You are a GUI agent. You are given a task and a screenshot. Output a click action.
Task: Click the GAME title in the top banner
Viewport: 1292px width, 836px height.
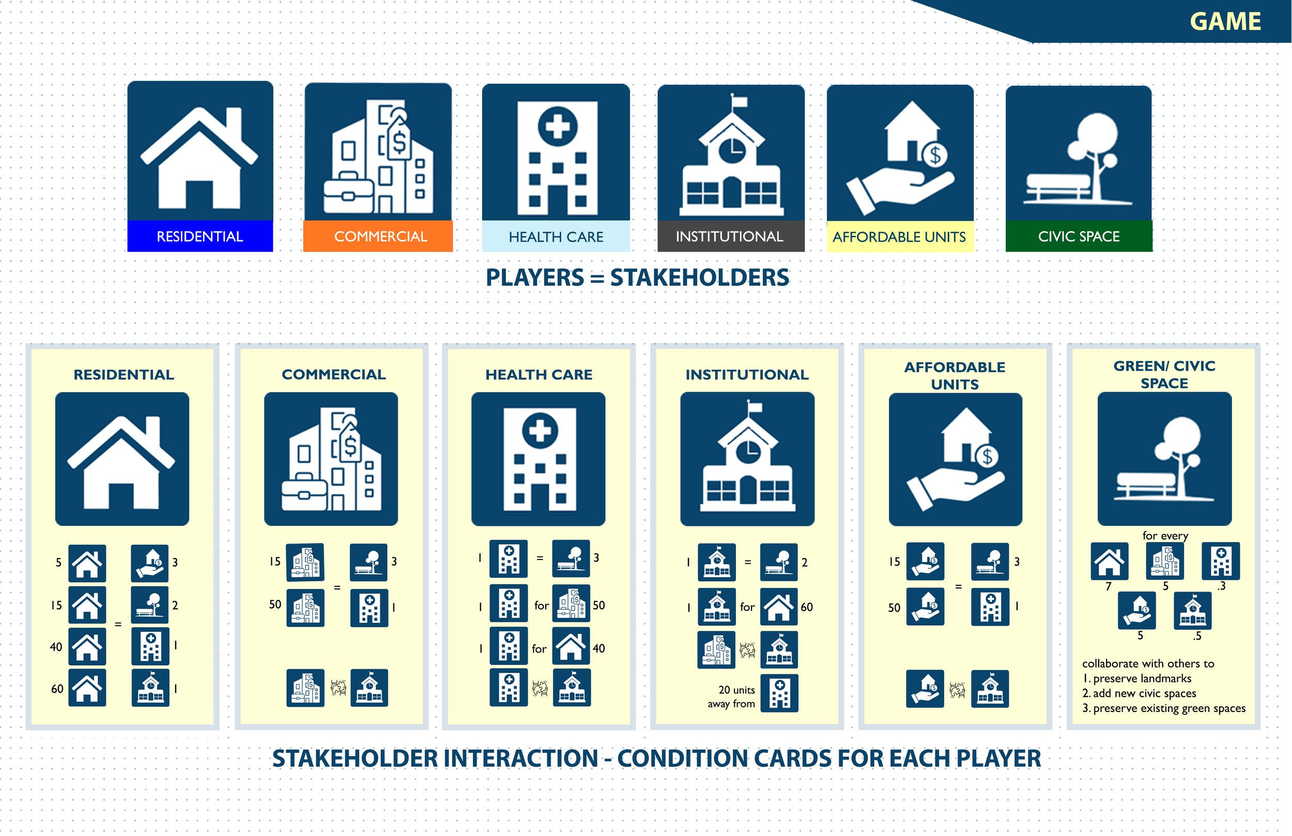tap(1225, 22)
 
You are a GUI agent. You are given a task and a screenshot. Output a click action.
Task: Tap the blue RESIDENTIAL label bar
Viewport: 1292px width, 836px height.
tap(200, 236)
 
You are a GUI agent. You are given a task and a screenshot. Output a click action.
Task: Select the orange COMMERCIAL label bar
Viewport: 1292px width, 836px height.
tap(380, 236)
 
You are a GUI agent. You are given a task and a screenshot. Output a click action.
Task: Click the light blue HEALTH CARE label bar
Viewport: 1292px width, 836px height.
tap(556, 237)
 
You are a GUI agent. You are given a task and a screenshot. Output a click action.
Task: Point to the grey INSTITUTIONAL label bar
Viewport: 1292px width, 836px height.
tap(730, 236)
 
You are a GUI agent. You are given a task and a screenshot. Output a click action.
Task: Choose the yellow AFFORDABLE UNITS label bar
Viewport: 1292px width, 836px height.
tap(900, 237)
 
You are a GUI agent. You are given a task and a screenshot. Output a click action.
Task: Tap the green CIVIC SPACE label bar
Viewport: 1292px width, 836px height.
tap(1079, 236)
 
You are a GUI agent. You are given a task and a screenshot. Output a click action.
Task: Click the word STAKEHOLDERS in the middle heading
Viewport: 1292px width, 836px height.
tap(699, 277)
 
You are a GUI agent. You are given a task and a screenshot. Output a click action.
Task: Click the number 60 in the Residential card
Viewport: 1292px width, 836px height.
tap(57, 689)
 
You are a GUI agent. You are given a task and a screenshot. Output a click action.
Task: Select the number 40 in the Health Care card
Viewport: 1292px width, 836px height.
tap(599, 648)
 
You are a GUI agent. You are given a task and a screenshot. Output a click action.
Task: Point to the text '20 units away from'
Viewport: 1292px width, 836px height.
tap(732, 696)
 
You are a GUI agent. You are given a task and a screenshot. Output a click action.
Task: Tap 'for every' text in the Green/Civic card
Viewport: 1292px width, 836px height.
tap(1165, 535)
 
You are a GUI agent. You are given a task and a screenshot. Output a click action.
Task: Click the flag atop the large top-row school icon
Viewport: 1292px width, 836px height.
tap(739, 101)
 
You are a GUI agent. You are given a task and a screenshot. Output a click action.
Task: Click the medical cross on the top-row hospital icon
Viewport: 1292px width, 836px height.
tap(558, 127)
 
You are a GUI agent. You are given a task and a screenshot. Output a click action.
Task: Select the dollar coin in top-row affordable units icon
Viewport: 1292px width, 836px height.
tap(935, 155)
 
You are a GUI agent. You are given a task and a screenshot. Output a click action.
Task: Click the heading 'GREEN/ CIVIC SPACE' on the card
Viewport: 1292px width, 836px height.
tap(1164, 374)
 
